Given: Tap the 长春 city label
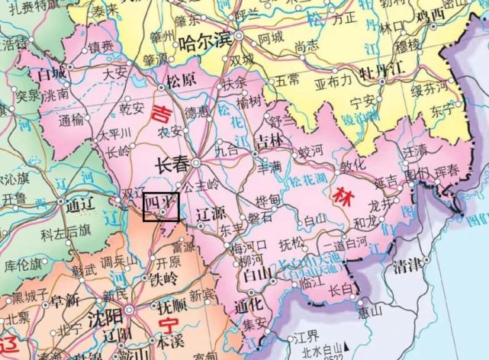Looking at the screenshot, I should tap(171, 164).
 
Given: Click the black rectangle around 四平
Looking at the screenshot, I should tap(161, 207).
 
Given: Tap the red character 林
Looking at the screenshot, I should tap(341, 195).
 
